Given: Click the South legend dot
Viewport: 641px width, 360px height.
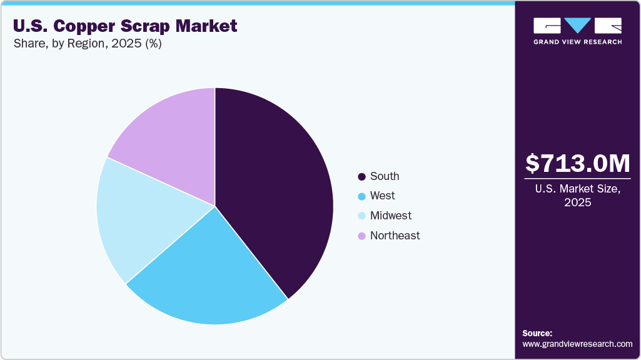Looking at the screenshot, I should click(361, 177).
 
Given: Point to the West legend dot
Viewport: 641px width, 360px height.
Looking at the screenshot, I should click(361, 196).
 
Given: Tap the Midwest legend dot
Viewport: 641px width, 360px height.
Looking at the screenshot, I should click(361, 216).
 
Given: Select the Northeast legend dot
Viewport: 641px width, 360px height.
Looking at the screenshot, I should click(361, 236).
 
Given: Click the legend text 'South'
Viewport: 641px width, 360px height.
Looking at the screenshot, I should click(384, 176).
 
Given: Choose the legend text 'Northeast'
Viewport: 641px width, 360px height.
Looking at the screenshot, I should click(395, 236).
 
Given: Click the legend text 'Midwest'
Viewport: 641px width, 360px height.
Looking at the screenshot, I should click(391, 216).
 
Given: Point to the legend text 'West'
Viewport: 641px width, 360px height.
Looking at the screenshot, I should click(382, 196).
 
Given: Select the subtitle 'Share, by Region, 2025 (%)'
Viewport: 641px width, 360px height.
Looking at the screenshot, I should click(87, 44).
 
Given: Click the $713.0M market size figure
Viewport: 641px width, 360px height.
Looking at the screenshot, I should click(577, 164).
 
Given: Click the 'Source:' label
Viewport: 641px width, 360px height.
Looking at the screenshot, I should click(537, 333).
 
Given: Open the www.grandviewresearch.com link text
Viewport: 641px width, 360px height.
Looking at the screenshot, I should click(577, 344).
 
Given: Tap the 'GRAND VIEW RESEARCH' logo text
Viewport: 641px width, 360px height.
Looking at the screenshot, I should click(577, 42).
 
